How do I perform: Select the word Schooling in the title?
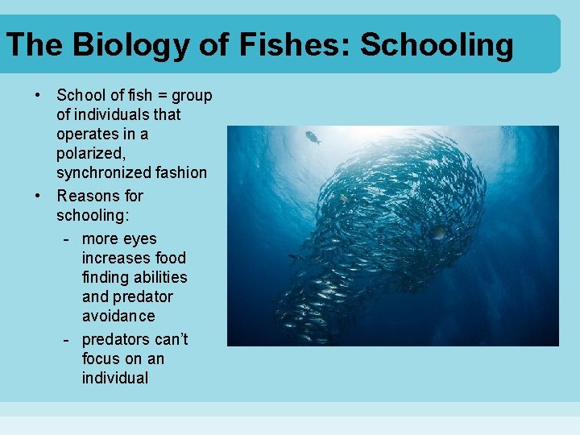[437, 45]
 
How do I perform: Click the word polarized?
[89, 153]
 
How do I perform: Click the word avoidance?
[118, 316]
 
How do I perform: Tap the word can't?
[169, 339]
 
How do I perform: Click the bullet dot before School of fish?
[38, 95]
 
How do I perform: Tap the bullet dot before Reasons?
[38, 195]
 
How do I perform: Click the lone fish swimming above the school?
[313, 138]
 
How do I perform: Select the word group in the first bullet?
[192, 96]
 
